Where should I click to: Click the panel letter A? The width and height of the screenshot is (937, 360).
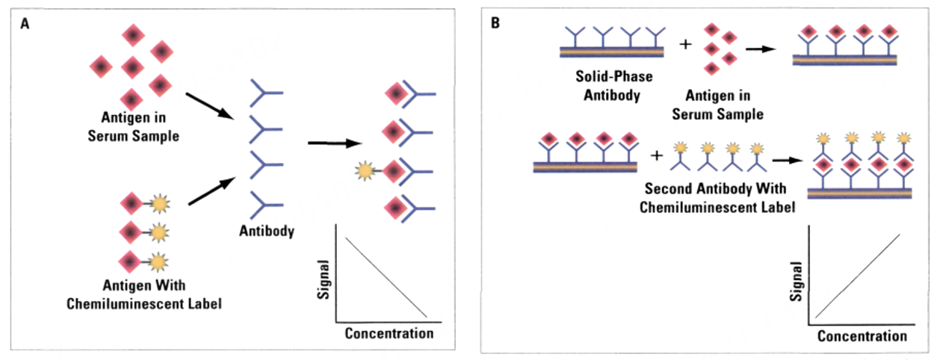point(25,23)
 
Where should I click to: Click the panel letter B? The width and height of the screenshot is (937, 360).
point(495,23)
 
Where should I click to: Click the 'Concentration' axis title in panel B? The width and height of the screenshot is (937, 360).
point(861,336)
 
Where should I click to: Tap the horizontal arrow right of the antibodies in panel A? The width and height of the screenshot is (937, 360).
point(333,142)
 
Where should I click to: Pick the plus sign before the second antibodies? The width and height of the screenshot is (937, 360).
point(657,156)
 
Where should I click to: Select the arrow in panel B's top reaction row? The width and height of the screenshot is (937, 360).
point(760,49)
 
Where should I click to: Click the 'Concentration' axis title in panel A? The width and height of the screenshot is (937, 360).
point(389,333)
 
